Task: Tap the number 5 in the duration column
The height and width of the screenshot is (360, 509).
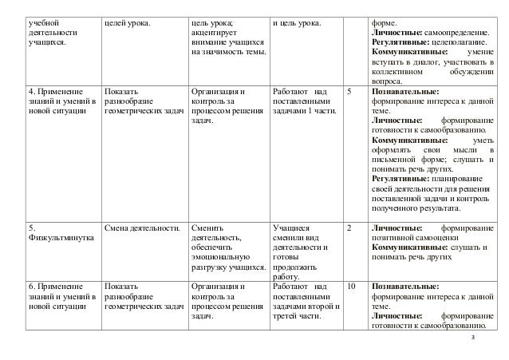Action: pyautogui.click(x=351, y=93)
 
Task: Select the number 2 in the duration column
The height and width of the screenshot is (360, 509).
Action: pyautogui.click(x=351, y=227)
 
